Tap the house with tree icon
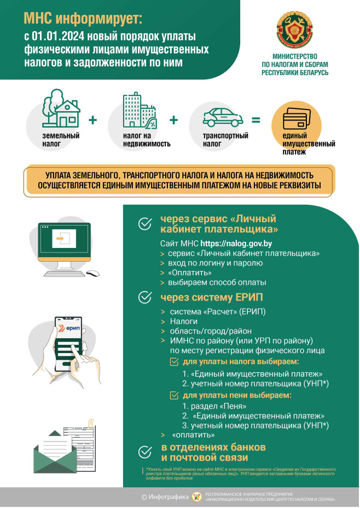tap(60, 109)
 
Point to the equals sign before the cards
tap(256, 120)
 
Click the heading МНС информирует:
tap(83, 20)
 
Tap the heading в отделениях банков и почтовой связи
tap(213, 452)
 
